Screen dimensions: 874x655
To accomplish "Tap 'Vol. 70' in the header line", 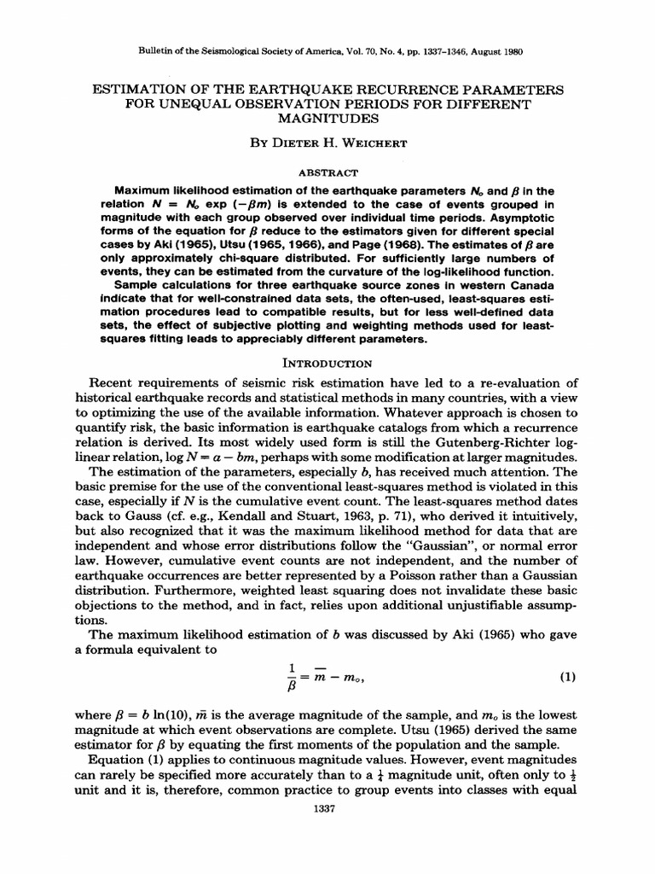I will click(x=341, y=50).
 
